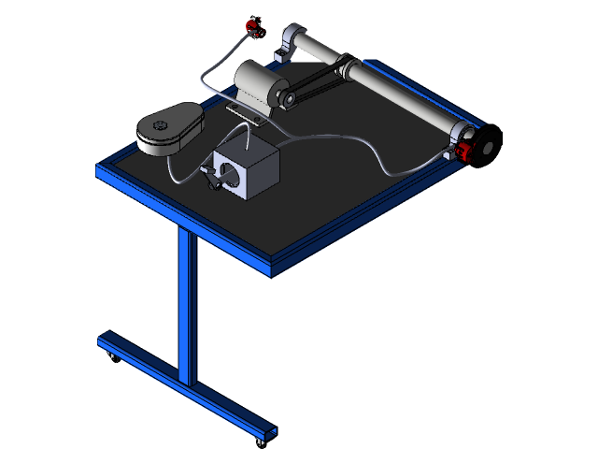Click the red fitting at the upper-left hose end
[250, 25]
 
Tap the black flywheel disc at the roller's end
[487, 145]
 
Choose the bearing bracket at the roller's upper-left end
[293, 39]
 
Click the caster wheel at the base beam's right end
[261, 440]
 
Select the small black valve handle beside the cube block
[208, 176]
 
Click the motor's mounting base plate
[248, 114]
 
